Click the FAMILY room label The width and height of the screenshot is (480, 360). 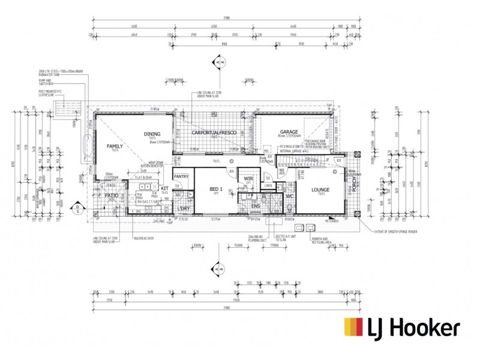[x=115, y=146]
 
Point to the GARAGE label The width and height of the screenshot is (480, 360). [x=289, y=132]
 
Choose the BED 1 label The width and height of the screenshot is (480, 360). [x=215, y=190]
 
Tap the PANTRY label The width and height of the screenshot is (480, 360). [x=181, y=176]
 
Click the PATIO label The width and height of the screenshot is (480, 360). [x=112, y=195]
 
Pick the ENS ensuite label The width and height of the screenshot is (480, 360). [x=256, y=206]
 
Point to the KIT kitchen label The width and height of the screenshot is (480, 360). [x=164, y=188]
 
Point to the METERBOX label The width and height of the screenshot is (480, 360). [x=332, y=220]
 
